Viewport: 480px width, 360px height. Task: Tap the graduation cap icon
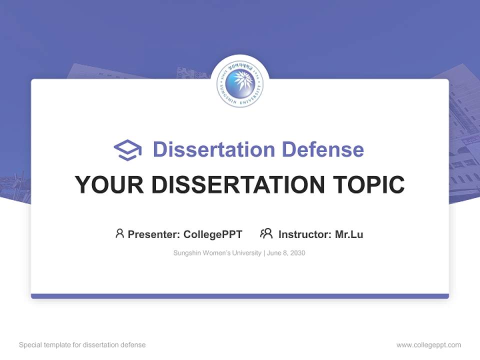tap(127, 149)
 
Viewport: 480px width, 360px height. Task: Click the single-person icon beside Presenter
tap(119, 233)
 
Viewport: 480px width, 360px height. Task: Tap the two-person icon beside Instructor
tap(266, 233)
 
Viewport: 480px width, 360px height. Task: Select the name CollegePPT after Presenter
tap(213, 234)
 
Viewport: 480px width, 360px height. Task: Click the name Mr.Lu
tap(349, 234)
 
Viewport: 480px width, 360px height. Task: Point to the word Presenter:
tap(154, 234)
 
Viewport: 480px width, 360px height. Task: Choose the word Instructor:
tap(305, 234)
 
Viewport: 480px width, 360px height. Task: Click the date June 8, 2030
tap(286, 253)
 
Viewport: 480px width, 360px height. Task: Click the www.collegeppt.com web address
tap(428, 345)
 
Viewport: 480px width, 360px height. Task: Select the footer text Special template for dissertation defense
tap(82, 345)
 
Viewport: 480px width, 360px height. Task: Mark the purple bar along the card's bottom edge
tap(240, 296)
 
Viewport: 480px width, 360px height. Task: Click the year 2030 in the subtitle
tap(297, 253)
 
